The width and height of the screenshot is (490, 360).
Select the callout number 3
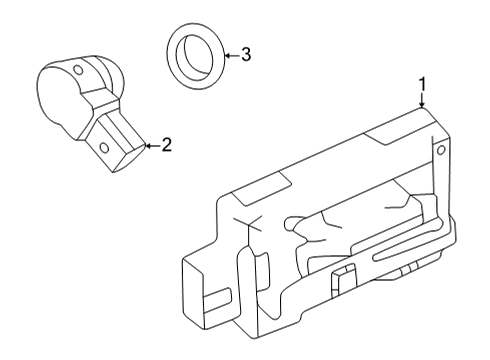click(245, 55)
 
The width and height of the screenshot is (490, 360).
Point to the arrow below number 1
click(422, 101)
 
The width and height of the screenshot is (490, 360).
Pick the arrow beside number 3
click(229, 55)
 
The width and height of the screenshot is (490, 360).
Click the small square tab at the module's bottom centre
click(342, 278)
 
